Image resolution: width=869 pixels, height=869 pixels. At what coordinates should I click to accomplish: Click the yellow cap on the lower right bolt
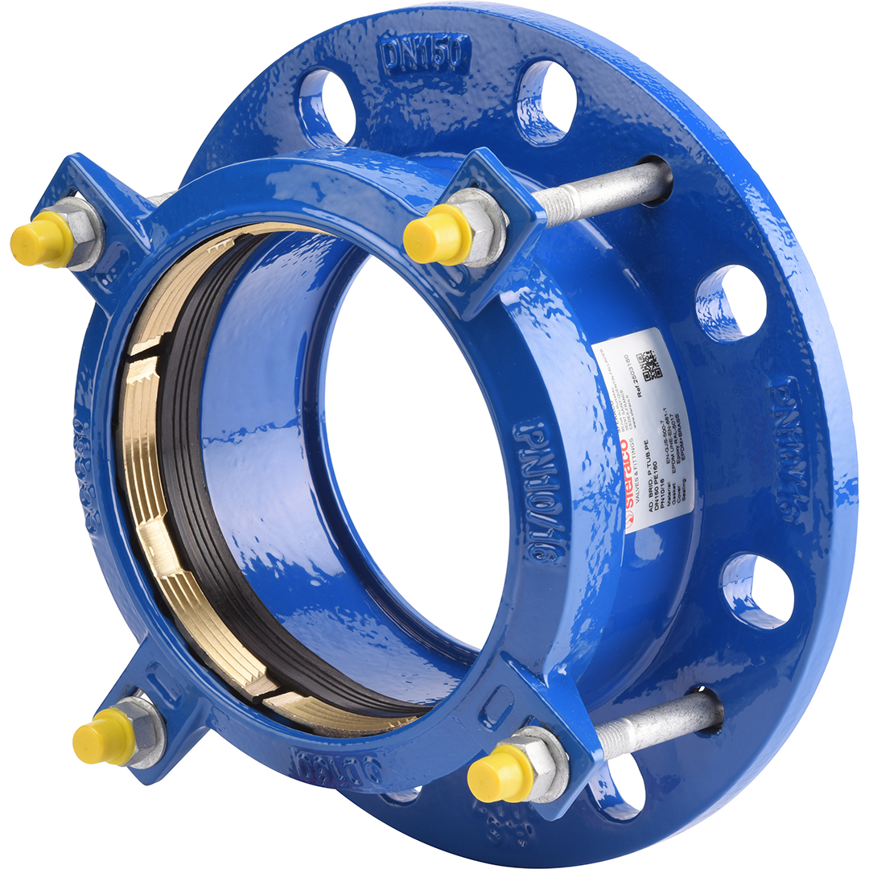tap(500, 774)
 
